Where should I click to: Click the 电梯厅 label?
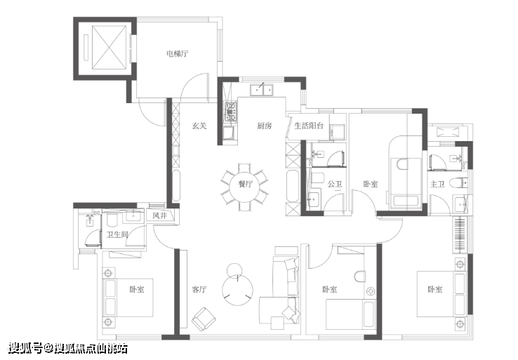point(178,53)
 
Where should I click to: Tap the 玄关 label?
point(199,126)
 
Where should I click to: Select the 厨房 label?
point(265,126)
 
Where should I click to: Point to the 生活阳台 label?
point(309,126)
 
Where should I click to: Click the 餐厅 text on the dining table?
point(246,184)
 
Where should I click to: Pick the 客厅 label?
point(199,289)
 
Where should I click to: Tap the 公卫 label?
point(335,184)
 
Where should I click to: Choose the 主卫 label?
point(437,184)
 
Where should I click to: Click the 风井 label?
point(159,215)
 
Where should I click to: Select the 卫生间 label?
point(117,234)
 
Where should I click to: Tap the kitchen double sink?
point(262,90)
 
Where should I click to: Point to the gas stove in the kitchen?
point(231,112)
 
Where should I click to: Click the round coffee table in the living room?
point(237,289)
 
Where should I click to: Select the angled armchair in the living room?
point(204,319)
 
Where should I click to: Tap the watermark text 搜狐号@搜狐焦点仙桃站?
point(68,348)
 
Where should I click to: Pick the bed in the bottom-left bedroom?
point(128,298)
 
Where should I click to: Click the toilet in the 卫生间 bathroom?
point(112,220)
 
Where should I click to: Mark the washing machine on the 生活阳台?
point(338,131)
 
